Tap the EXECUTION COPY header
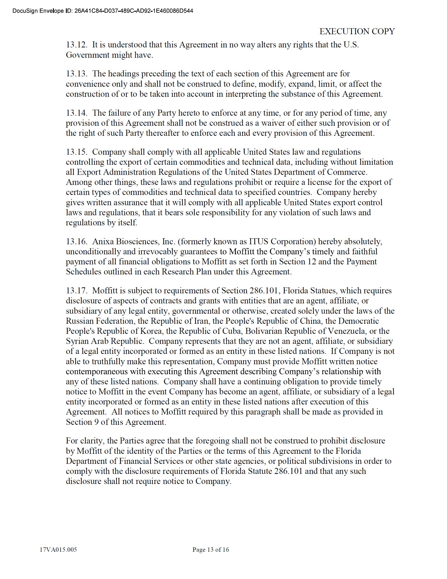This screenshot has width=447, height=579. tap(357, 31)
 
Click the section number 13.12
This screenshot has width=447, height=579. tap(76, 45)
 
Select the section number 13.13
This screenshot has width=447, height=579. tap(76, 74)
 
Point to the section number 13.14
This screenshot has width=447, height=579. tap(76, 113)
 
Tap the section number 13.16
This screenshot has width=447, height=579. tap(76, 242)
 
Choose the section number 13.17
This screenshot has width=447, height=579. tap(76, 290)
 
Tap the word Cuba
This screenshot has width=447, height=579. tap(232, 331)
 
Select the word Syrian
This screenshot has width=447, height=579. tap(77, 341)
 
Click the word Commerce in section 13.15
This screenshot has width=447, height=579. tap(347, 172)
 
